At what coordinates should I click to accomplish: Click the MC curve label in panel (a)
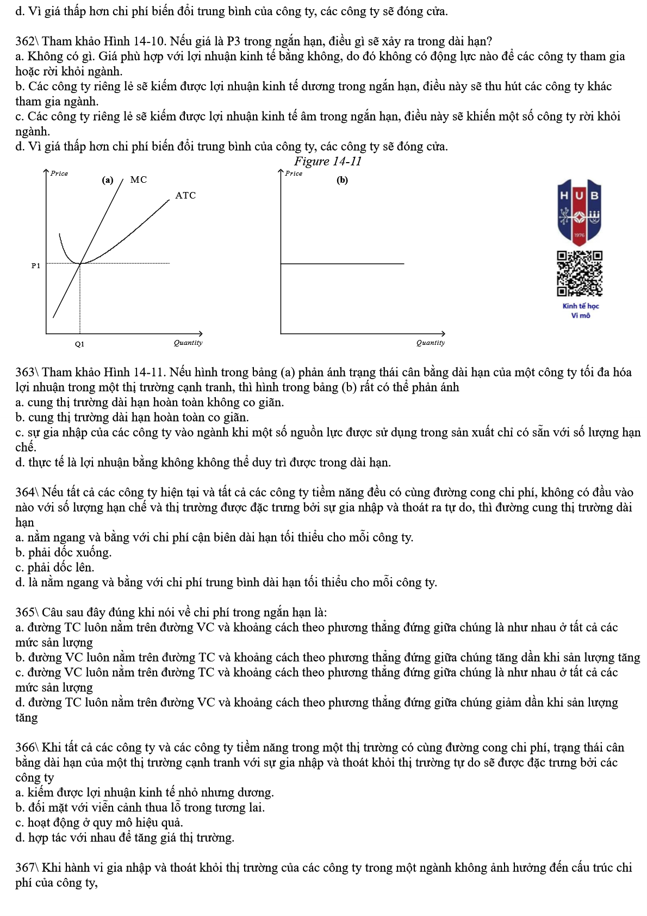coord(138,180)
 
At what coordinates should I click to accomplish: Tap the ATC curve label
coord(185,195)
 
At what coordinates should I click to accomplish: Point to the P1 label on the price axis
coord(36,265)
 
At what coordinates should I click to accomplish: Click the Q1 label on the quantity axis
coord(80,344)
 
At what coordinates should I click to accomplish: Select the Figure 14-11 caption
coord(328,161)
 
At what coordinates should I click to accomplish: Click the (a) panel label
coord(108,180)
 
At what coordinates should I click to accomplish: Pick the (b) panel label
coord(342,180)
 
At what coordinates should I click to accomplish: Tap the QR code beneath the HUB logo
coord(580,273)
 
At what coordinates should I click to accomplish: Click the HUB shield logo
coord(580,212)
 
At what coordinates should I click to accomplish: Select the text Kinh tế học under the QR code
coord(581,306)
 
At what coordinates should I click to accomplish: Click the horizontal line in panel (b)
coord(343,264)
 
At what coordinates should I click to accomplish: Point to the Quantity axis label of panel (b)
coord(431,343)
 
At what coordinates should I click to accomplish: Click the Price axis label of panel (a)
coord(59,173)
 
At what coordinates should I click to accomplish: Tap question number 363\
coord(27,372)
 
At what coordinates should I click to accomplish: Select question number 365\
coord(27,612)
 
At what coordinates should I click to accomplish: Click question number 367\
coord(27,868)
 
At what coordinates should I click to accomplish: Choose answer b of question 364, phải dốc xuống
coord(64,553)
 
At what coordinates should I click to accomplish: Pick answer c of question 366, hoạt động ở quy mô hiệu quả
coord(99,822)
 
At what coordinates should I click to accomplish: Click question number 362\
coord(27,41)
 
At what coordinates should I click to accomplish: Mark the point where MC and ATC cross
coord(80,264)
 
